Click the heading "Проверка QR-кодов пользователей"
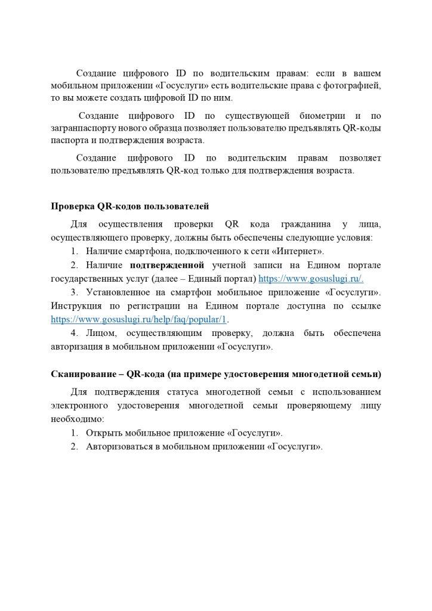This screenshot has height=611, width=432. [x=129, y=207]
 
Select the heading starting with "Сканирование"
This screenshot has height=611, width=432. [x=215, y=375]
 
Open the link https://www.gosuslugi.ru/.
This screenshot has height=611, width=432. [x=311, y=279]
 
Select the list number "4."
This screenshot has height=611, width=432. [x=74, y=333]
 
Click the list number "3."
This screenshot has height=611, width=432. [x=74, y=292]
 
